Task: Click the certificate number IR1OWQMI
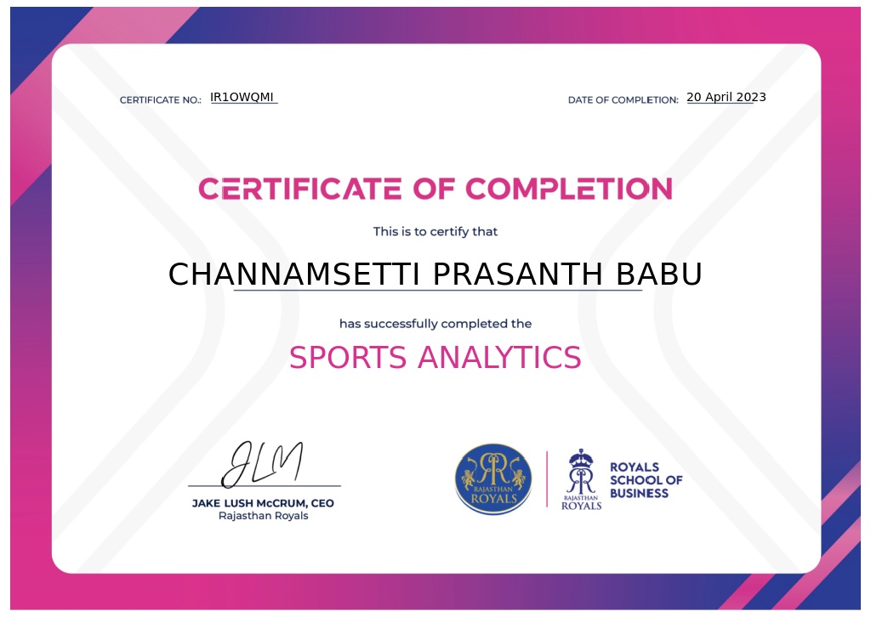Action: pyautogui.click(x=242, y=97)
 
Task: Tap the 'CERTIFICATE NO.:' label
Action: pyautogui.click(x=161, y=100)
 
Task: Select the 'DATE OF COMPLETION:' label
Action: pyautogui.click(x=623, y=100)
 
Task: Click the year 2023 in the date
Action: pyautogui.click(x=751, y=97)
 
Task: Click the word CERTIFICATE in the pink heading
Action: pyautogui.click(x=300, y=189)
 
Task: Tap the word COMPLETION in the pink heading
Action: pyautogui.click(x=569, y=189)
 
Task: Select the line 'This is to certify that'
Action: pyautogui.click(x=435, y=231)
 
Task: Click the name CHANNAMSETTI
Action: pyautogui.click(x=293, y=275)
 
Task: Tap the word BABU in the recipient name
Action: pyautogui.click(x=659, y=275)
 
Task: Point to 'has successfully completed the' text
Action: pyautogui.click(x=435, y=324)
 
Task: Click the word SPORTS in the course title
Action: pyautogui.click(x=348, y=357)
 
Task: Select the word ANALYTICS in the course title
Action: pyautogui.click(x=499, y=357)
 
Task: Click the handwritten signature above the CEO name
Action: pyautogui.click(x=262, y=464)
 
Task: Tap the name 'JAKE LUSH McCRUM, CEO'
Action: pyautogui.click(x=263, y=503)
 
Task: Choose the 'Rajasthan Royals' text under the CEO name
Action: pyautogui.click(x=264, y=516)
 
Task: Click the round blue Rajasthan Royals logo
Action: pyautogui.click(x=493, y=478)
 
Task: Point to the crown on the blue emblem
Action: pyautogui.click(x=581, y=458)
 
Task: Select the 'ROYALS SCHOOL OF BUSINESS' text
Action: pyautogui.click(x=646, y=480)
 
